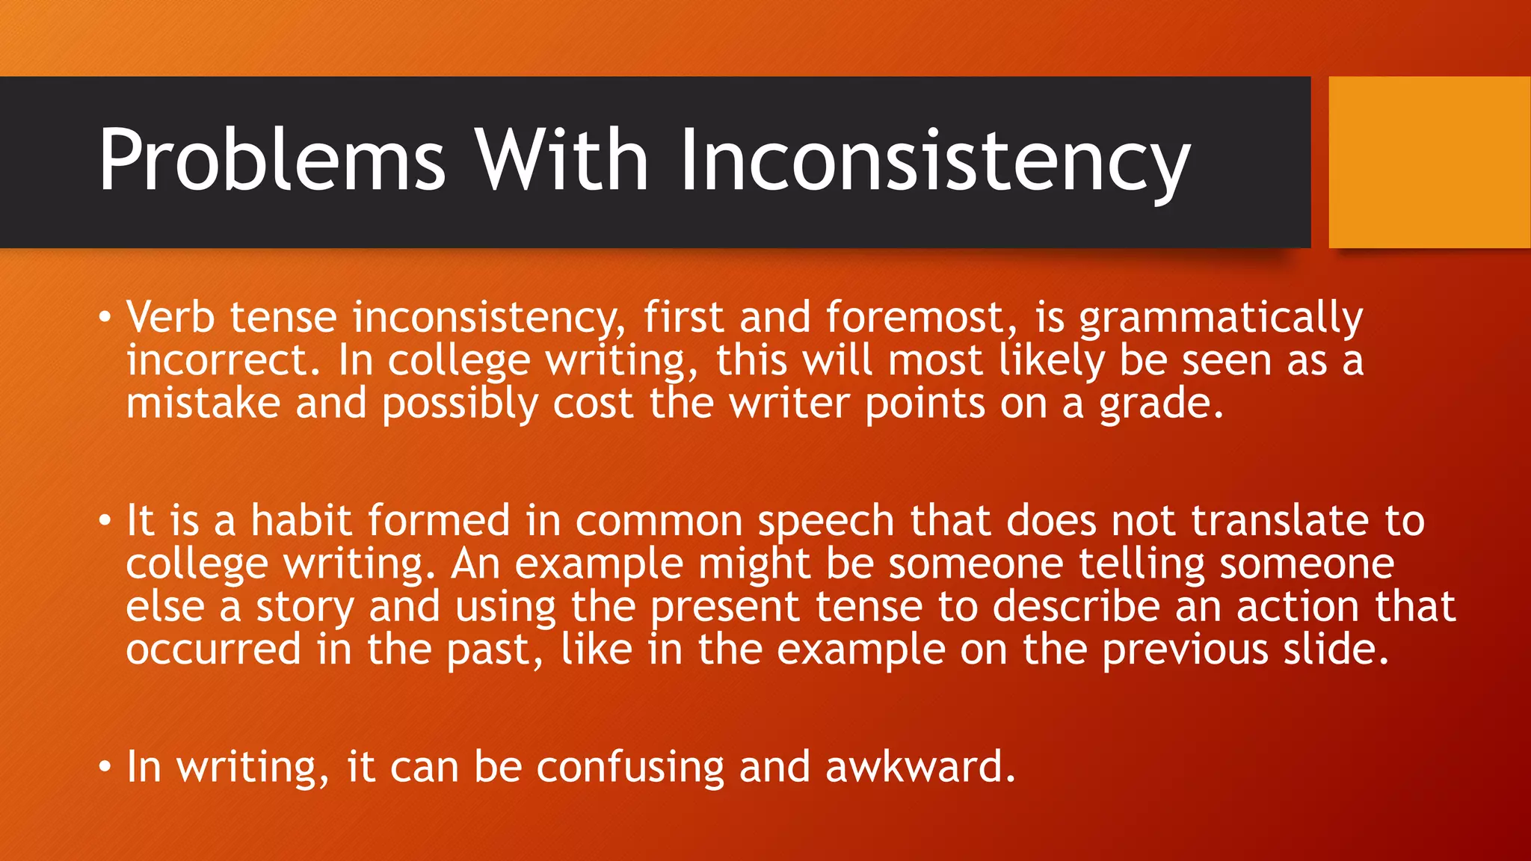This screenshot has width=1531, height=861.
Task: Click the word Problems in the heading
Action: coord(272,160)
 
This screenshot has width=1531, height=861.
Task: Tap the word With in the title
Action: coord(561,160)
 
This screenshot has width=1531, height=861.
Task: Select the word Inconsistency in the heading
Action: coord(934,160)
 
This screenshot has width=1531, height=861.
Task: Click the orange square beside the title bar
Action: coord(1429,162)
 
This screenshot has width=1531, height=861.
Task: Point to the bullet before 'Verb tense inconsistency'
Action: coord(105,318)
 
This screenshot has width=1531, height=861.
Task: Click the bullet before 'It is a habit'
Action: coord(105,521)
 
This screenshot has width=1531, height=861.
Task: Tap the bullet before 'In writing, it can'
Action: coord(105,768)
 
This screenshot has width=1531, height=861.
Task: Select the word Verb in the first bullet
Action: coord(170,317)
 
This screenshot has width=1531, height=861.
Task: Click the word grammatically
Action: coord(1221,318)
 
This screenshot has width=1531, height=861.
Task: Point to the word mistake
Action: coord(203,404)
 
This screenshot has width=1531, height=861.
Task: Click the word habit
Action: coord(301,520)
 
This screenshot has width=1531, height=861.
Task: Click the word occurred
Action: coord(213,649)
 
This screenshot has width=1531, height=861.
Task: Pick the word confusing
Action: coord(630,768)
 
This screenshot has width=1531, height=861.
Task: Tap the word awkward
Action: coord(920,767)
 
